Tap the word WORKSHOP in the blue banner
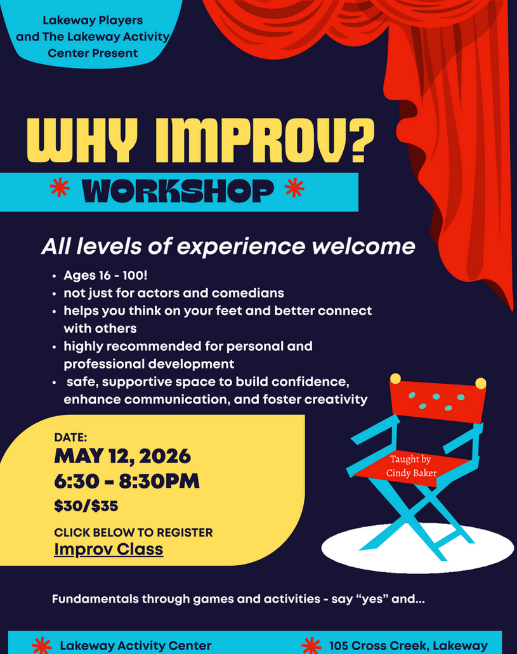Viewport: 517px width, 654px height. [x=178, y=190]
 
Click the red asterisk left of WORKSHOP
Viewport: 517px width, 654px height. [x=60, y=188]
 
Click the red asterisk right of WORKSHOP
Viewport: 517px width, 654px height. [x=294, y=188]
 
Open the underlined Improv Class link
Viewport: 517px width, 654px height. [x=108, y=549]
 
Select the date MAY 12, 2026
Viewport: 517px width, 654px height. [x=122, y=456]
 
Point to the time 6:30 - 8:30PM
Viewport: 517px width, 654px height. [x=127, y=481]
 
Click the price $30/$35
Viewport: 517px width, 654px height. [x=86, y=506]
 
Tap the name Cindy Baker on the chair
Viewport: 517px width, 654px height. [x=411, y=473]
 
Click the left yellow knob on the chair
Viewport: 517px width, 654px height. [x=395, y=379]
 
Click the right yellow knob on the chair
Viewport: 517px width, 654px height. [x=481, y=383]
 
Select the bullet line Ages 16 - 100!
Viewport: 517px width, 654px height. [x=105, y=276]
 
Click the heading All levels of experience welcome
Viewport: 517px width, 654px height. [x=228, y=247]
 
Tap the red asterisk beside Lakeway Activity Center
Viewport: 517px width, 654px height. [x=41, y=646]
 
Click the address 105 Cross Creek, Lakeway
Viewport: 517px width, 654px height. [x=409, y=646]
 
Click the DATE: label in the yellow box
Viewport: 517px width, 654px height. [x=70, y=437]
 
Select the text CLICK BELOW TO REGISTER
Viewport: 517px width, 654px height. [x=133, y=532]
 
